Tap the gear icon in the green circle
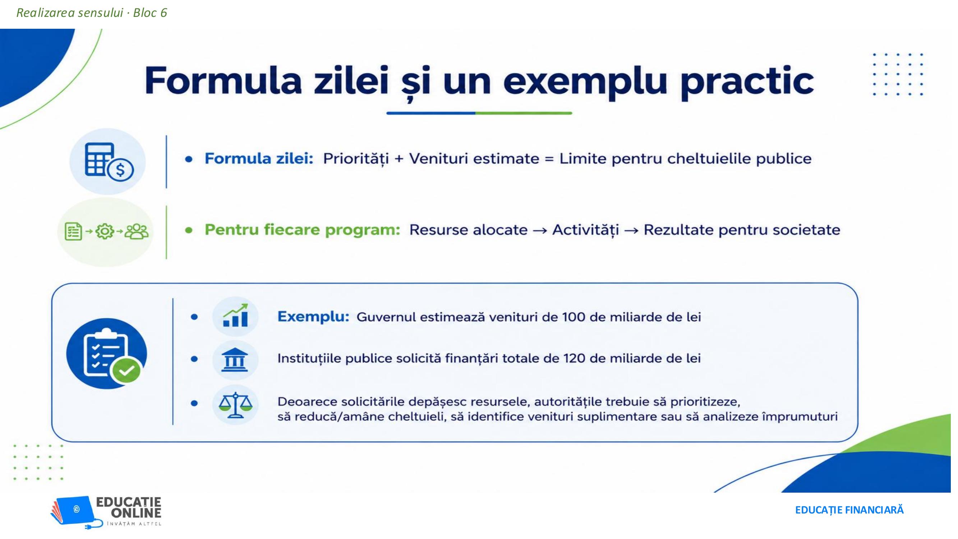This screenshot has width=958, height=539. tap(105, 231)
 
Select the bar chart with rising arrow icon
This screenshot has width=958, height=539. tap(235, 315)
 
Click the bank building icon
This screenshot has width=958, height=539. tap(235, 360)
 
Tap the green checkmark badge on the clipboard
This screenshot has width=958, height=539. tap(127, 370)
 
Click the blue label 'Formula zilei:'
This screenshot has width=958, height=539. tap(259, 159)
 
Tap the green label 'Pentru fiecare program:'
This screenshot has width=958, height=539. tap(302, 230)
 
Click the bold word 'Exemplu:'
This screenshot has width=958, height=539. tap(313, 317)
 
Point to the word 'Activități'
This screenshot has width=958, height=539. tap(585, 230)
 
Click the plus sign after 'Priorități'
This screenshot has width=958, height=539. tap(399, 159)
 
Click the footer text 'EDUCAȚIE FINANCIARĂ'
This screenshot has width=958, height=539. tap(849, 510)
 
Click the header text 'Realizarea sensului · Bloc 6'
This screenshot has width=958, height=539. tap(92, 13)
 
